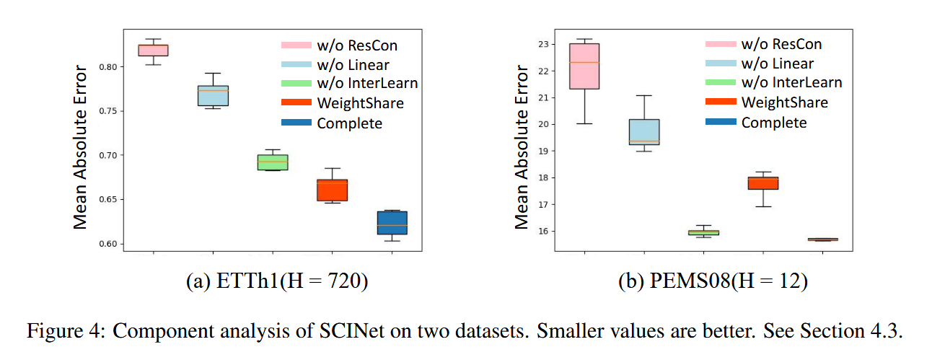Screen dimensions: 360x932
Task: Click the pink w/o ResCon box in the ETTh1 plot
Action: (x=153, y=50)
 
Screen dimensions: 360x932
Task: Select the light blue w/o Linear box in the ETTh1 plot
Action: (x=213, y=95)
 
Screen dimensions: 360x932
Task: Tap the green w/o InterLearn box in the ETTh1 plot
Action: (x=273, y=162)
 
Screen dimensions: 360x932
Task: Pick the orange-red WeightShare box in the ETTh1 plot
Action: (x=333, y=190)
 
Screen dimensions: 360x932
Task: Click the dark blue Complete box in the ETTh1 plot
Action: (x=392, y=222)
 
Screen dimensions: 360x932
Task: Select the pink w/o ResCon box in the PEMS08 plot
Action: (x=584, y=66)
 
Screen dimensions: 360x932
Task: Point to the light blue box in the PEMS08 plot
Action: (x=644, y=132)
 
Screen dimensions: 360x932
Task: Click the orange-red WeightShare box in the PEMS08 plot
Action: (x=762, y=183)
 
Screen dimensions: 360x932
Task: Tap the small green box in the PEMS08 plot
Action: (x=703, y=232)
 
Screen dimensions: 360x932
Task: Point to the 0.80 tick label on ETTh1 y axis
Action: (x=107, y=67)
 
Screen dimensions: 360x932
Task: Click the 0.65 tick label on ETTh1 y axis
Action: (x=107, y=200)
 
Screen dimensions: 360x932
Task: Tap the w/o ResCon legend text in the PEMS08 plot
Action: (x=781, y=45)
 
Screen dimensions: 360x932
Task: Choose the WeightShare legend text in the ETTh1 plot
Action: (x=360, y=103)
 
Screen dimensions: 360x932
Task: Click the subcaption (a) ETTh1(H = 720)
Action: (x=277, y=282)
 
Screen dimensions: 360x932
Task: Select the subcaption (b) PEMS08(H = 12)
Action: (x=713, y=282)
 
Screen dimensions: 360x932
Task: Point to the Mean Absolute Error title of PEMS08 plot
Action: (x=522, y=147)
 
